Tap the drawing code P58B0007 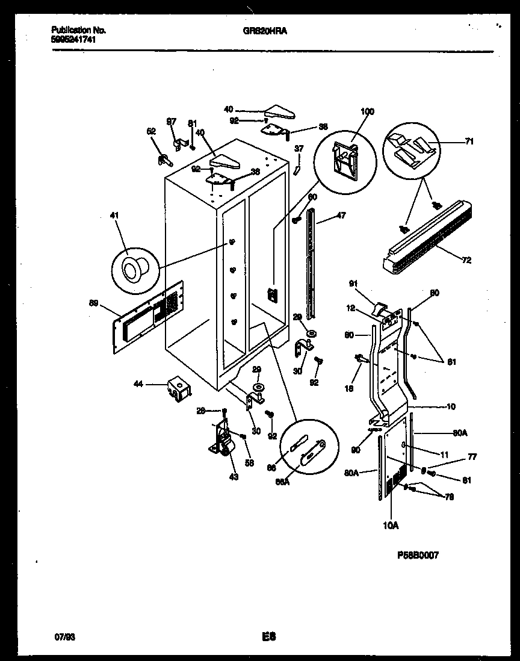pos(417,556)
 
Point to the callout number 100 pos(367,112)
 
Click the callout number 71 pos(469,141)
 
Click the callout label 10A pos(391,526)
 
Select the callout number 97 pos(172,122)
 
